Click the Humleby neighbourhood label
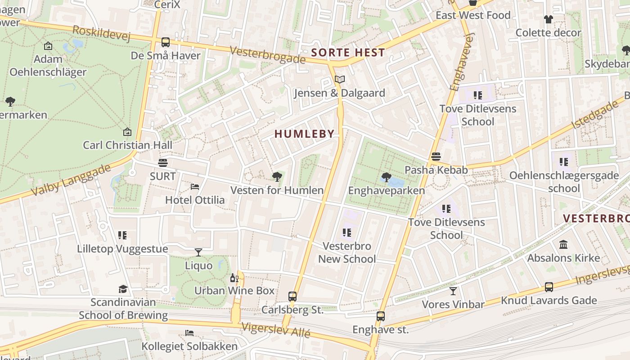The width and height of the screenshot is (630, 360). point(305,134)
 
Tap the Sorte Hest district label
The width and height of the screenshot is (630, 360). point(348,52)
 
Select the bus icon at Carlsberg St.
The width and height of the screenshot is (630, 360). point(292,296)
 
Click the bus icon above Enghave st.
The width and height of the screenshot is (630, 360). point(381,316)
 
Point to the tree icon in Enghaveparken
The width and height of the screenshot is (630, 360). point(386,177)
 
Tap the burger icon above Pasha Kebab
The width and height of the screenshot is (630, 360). point(436,157)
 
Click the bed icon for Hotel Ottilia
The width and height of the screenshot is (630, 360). point(195,186)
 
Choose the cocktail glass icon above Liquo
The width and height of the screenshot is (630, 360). point(198,252)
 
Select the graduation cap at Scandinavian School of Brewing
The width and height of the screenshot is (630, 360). point(123,289)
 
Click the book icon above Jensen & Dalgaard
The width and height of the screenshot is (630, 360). point(339,80)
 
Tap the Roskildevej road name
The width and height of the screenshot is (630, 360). point(101,33)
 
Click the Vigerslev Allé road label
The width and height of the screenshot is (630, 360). point(276,330)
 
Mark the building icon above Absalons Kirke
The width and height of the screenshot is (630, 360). point(563,244)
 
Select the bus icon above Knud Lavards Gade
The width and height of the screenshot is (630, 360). point(549,287)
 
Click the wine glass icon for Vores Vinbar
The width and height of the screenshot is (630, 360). point(453,291)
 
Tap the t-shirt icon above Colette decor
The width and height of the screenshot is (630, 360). point(548,19)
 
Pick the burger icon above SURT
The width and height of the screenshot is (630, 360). point(163,162)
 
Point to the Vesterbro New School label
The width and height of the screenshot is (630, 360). point(347,252)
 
